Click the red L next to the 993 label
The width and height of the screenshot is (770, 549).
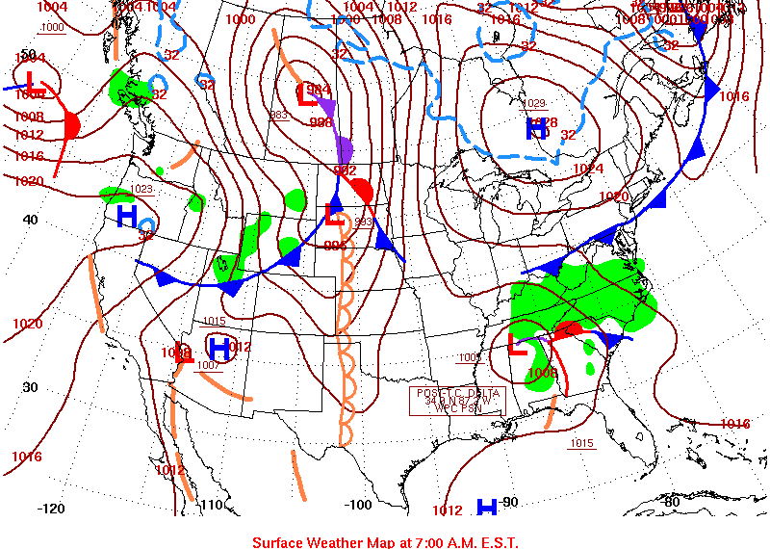point(335,214)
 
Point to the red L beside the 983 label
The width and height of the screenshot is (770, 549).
point(307,94)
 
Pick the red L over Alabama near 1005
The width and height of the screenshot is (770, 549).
point(517,345)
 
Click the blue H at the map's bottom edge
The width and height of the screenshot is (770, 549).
point(488,507)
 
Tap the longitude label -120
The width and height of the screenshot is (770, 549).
point(50,508)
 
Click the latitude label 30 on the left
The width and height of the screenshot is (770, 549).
point(29,387)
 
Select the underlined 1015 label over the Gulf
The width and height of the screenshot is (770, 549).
point(580,443)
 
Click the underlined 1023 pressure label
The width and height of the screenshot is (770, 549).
point(141,189)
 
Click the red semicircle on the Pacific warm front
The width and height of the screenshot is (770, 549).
point(71,125)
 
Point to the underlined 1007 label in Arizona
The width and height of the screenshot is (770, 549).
point(209,365)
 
